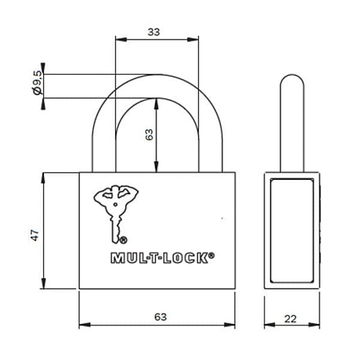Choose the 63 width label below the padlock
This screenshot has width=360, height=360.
[157, 316]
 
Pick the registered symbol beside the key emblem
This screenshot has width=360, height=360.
[123, 240]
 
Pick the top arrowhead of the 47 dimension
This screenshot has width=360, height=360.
[45, 176]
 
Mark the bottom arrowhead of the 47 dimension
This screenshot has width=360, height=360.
[45, 286]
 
